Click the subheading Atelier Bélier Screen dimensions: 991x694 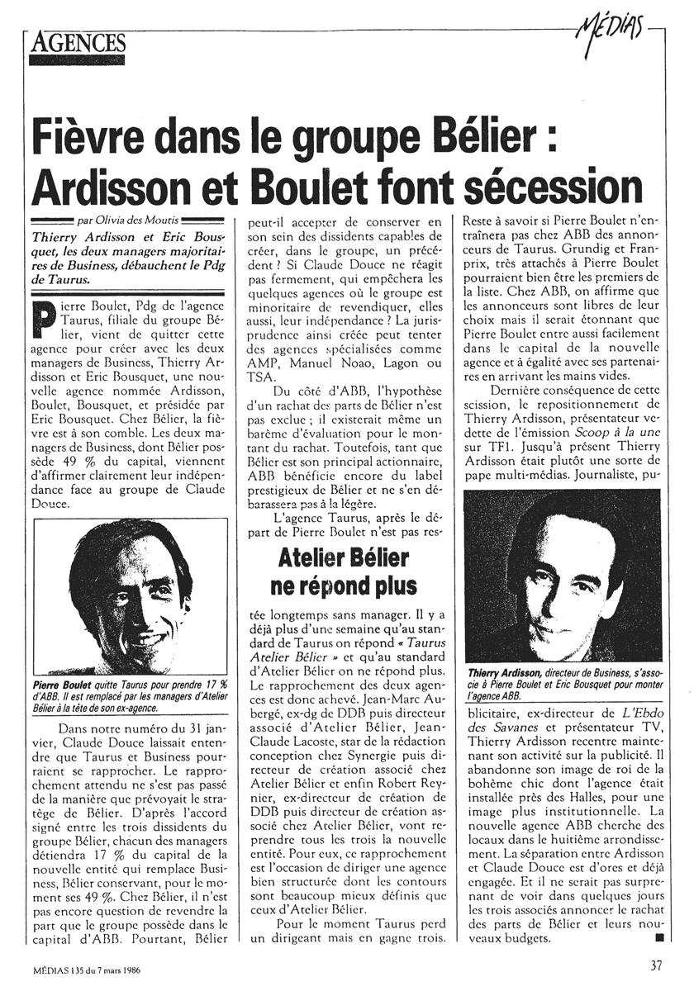click(x=340, y=558)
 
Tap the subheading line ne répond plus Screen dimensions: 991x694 click(x=340, y=586)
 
